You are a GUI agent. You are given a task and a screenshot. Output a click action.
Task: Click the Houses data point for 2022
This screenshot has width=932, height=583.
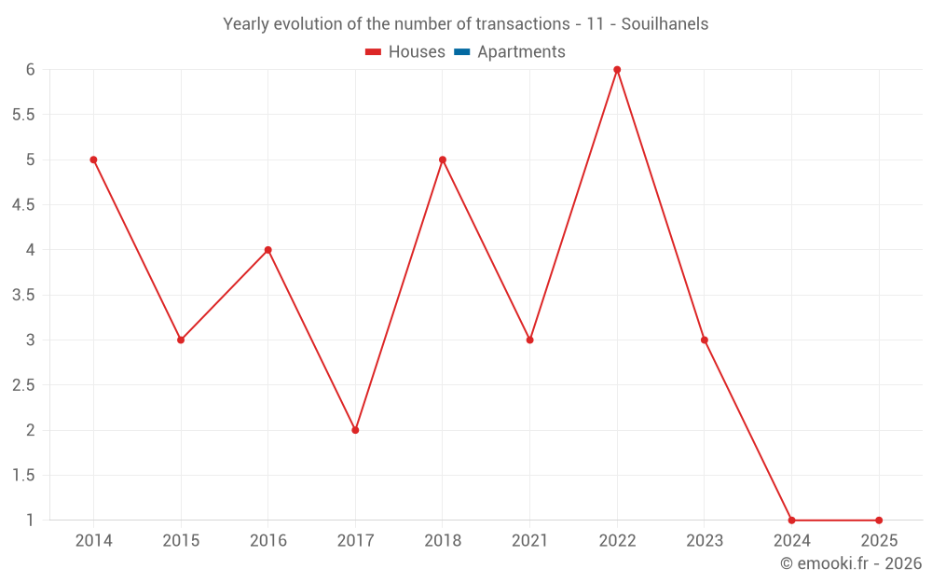617,70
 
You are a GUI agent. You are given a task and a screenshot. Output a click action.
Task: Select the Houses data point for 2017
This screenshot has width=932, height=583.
355,430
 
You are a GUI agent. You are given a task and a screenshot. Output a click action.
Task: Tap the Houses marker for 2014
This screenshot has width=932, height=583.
93,160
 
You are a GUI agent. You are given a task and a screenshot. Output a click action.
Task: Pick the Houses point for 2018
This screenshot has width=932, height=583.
443,160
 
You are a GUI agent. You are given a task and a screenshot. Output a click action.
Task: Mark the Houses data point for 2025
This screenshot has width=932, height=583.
879,521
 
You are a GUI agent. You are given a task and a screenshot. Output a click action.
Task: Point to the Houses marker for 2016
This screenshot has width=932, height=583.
267,250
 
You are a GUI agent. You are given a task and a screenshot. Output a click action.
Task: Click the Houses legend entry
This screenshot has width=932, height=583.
405,52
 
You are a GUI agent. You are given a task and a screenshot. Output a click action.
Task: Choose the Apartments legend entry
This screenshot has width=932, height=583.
510,52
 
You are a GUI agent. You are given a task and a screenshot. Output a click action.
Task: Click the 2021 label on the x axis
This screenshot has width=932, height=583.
529,541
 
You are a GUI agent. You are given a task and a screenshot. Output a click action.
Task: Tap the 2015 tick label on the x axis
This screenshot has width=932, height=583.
181,541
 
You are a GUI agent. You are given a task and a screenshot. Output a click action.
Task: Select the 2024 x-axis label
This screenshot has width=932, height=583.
791,541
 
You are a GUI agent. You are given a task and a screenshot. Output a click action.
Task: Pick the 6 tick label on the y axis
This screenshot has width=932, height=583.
30,70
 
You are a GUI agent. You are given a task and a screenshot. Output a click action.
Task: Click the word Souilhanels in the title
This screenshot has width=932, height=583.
665,24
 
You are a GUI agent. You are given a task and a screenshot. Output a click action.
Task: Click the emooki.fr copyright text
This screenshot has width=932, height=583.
851,563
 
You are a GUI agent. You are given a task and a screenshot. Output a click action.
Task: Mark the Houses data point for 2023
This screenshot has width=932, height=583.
705,340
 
